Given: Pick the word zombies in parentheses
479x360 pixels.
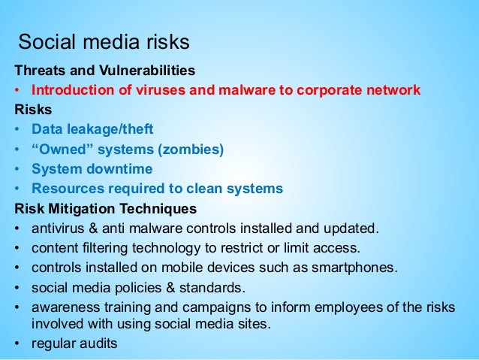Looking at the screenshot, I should (194, 150).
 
